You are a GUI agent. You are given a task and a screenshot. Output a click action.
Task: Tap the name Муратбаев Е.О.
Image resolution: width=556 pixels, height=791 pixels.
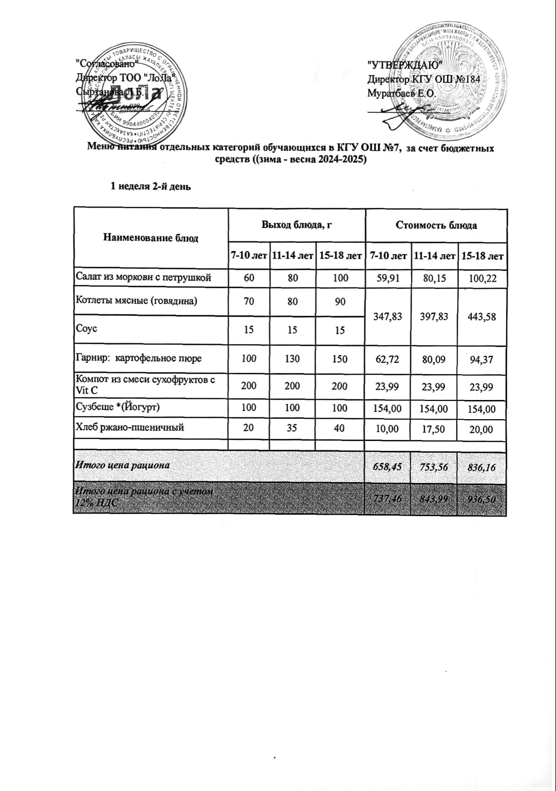[x=400, y=93]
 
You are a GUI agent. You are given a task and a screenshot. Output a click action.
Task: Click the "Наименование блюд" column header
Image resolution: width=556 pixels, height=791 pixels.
[x=151, y=238]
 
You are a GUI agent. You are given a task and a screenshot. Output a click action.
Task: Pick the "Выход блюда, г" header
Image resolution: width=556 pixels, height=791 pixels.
[x=296, y=225]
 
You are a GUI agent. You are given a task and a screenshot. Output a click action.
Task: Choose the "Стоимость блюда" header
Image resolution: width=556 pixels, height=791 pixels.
[x=436, y=225]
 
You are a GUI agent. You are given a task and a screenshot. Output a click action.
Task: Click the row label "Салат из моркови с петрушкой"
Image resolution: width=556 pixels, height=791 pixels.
[x=143, y=277]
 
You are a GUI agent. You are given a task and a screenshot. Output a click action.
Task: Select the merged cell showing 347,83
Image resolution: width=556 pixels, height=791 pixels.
[x=388, y=316]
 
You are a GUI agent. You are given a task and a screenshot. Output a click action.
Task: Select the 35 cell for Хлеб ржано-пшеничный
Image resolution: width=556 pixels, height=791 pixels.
[x=292, y=428]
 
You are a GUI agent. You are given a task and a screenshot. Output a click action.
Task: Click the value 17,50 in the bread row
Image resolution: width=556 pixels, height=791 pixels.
[x=435, y=429]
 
